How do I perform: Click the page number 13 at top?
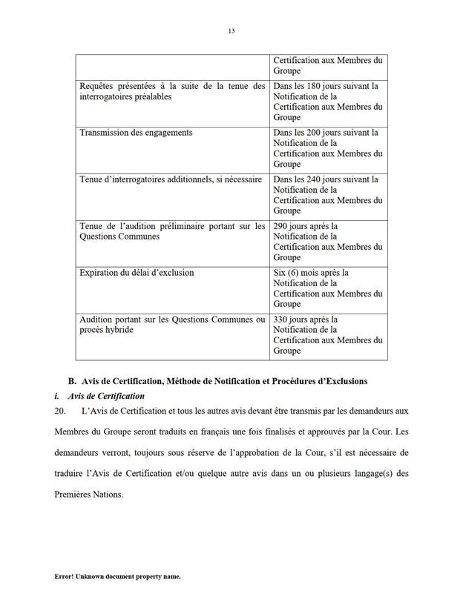click(x=231, y=31)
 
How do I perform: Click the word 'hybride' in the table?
click(x=118, y=330)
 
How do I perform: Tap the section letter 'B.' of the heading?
click(x=73, y=381)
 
